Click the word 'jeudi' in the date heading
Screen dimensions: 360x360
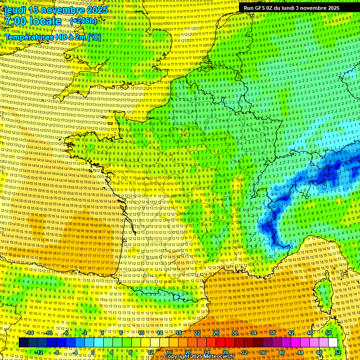click(x=15, y=10)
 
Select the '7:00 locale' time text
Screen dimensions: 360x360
click(x=33, y=21)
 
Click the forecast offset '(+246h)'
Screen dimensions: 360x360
click(x=83, y=21)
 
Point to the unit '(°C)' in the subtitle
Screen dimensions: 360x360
click(x=93, y=37)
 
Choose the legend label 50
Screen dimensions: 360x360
click(x=328, y=333)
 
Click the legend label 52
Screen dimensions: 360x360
click(x=338, y=352)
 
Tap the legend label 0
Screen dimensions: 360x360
click(x=93, y=352)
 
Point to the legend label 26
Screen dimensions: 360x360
click(x=216, y=333)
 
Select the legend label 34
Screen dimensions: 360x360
click(x=253, y=333)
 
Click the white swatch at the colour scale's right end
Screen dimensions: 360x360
click(x=333, y=343)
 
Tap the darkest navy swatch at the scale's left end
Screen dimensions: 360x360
click(x=23, y=343)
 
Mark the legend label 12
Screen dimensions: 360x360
click(x=150, y=352)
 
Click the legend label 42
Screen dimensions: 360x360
click(x=291, y=333)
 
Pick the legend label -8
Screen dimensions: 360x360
click(x=56, y=352)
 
